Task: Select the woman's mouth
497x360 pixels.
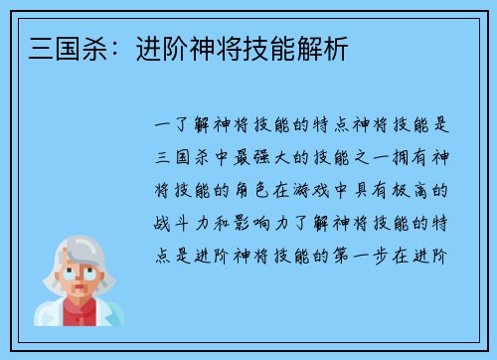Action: [x=79, y=289]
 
